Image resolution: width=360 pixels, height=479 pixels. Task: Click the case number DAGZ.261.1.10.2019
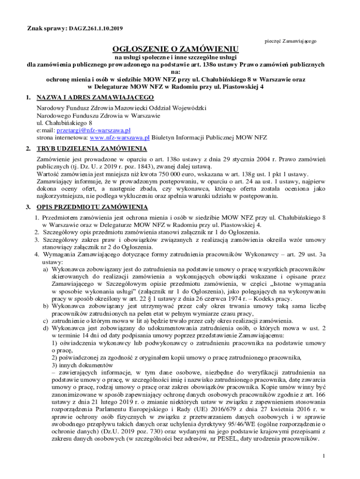pyautogui.click(x=96, y=29)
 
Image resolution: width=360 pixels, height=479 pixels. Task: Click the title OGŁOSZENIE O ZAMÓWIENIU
pyautogui.click(x=175, y=49)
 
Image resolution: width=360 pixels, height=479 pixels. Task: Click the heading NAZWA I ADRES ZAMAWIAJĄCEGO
pyautogui.click(x=95, y=97)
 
